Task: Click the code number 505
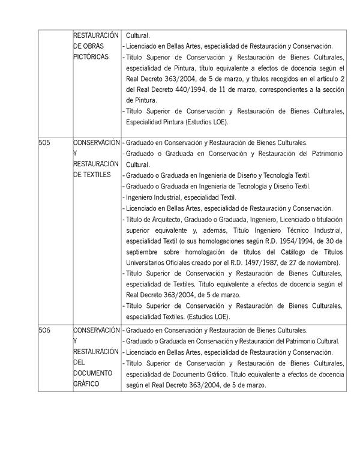click(44, 143)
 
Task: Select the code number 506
click(44, 330)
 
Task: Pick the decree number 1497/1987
click(256, 263)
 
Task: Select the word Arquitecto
click(160, 220)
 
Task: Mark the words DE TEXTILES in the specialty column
click(92, 175)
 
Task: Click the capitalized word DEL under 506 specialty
click(80, 363)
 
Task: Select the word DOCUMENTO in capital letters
click(94, 373)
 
